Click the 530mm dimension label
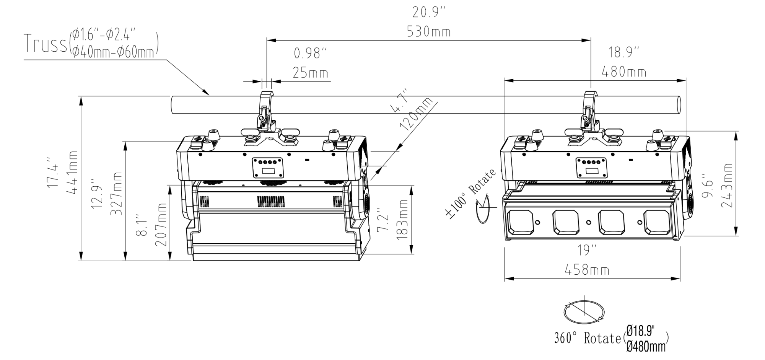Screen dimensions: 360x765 tap(428, 32)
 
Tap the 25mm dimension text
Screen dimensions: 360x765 tap(310, 72)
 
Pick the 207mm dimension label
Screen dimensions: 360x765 tap(161, 225)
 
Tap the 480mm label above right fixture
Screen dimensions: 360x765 tap(624, 72)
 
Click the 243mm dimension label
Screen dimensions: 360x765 tap(726, 186)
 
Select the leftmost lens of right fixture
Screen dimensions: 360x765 tap(520, 222)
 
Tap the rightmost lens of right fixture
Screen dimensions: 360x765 tap(656, 222)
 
